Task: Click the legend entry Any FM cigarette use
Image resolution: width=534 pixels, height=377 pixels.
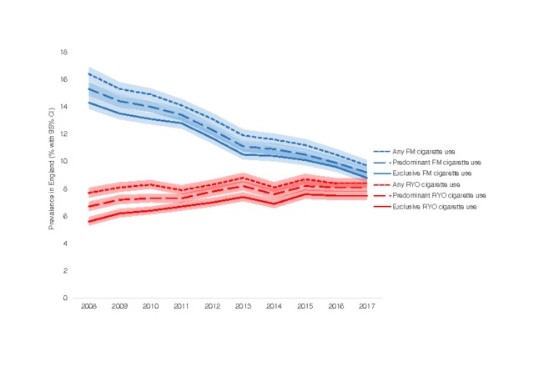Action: [421, 149]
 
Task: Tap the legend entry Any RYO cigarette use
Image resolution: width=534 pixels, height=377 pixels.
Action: [422, 183]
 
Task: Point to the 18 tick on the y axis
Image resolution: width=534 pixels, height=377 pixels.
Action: [63, 52]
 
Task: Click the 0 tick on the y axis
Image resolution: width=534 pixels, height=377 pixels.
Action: [65, 298]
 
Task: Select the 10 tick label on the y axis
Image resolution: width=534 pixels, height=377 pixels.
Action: [63, 161]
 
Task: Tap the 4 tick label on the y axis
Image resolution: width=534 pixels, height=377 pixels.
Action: [65, 244]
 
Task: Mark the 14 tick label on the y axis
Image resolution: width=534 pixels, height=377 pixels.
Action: [63, 107]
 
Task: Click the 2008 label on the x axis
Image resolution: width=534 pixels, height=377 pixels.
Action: [89, 309]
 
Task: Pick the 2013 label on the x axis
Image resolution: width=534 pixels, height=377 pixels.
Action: [242, 309]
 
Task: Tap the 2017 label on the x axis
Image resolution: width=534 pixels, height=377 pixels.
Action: [365, 309]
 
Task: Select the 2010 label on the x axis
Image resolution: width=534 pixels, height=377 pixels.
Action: [150, 309]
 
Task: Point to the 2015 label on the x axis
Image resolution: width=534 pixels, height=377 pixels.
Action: [304, 309]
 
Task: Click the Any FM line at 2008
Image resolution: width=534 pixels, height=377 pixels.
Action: [89, 73]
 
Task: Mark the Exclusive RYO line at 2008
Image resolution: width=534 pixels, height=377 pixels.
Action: [89, 221]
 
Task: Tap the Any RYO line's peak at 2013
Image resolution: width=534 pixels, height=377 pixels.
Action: [242, 177]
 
